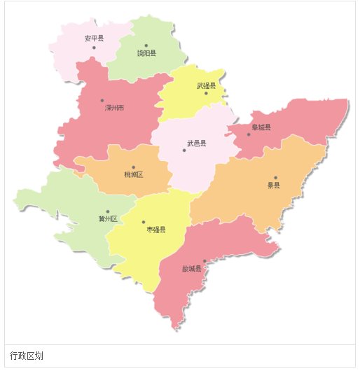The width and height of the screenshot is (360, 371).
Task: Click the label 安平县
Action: pos(94,38)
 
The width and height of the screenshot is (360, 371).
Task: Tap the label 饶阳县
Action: pos(146,52)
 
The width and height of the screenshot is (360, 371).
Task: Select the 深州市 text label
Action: pos(115,108)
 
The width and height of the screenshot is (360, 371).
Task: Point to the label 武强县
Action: pos(207,85)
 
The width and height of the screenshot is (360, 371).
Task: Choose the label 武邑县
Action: pos(197,143)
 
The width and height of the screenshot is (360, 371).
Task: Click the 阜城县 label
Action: pos(261,127)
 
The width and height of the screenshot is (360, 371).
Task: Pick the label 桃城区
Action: pos(133,174)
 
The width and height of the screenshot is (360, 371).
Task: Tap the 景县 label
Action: pos(273,185)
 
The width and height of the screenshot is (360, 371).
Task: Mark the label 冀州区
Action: pos(108,219)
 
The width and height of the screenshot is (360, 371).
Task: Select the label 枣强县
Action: pos(155,230)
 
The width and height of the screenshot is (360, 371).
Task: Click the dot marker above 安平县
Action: pos(94,47)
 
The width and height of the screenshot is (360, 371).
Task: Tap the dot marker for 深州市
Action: pos(102,101)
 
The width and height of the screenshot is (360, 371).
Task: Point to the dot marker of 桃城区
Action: pos(134,167)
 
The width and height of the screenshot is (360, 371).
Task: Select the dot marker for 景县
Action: pos(276,178)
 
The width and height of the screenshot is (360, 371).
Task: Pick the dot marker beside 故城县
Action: pos(204,261)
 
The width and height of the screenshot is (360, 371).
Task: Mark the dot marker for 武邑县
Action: pos(184,150)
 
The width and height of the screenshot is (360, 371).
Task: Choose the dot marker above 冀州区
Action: pos(107,211)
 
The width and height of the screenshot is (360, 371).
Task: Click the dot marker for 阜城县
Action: pos(248,134)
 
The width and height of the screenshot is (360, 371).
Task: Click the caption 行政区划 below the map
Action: pos(27,356)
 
